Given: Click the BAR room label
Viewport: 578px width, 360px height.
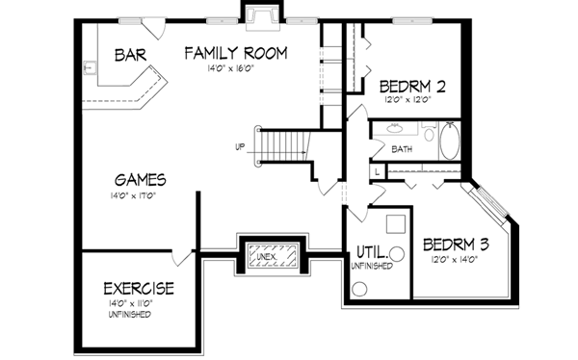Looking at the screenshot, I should [130, 55].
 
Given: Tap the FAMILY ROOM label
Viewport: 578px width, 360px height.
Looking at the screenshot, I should [236, 53].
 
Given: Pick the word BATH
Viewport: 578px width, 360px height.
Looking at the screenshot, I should [403, 149].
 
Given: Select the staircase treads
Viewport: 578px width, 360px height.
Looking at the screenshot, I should [283, 145].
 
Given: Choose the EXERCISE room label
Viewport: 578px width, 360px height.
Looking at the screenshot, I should [139, 288].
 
